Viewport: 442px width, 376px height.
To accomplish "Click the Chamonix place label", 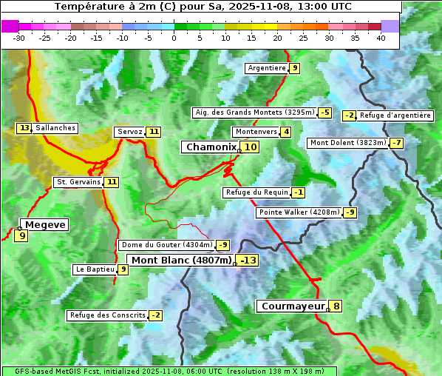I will coord(211,147).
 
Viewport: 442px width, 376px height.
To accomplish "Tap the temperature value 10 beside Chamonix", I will coord(251,147).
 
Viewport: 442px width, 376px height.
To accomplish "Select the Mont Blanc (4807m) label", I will coord(181,261).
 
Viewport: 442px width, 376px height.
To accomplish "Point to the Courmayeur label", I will coord(293,306).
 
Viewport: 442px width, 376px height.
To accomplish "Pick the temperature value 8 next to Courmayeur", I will coord(336,306).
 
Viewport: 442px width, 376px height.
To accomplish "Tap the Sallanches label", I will coord(55,128).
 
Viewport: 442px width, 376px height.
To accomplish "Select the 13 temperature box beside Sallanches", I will coord(24,128).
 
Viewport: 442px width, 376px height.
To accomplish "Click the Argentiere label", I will coord(267,68).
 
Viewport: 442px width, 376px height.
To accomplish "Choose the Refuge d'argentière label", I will coord(395,115).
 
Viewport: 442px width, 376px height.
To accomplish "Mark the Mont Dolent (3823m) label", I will coord(348,143).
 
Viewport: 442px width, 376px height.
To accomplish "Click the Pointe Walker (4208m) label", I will coord(299,212).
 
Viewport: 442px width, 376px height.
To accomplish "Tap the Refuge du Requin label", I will coord(256,192).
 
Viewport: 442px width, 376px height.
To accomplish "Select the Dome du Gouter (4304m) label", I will coord(166,245).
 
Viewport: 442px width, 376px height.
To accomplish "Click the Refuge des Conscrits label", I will coord(107,315).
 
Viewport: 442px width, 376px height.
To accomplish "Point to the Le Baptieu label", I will coord(95,269).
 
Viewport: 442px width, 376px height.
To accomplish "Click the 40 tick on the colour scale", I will coord(381,38).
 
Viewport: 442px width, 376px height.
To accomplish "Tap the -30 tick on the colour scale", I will coord(19,38).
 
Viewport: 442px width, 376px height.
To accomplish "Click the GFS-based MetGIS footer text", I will coord(169,371).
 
